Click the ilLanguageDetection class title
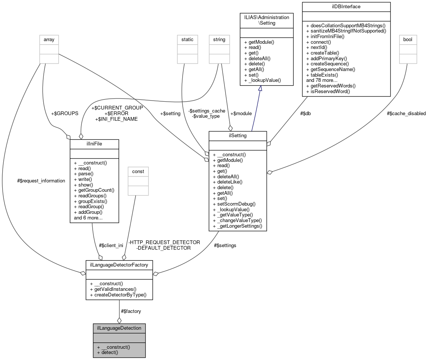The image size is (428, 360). pos(119,328)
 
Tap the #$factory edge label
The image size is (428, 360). pos(131,311)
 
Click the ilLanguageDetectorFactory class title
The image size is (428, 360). pos(119,265)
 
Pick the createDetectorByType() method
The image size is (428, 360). pos(118,295)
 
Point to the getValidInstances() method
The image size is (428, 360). pos(113,289)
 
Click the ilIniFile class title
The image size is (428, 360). pos(94,144)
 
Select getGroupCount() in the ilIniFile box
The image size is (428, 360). pos(94,190)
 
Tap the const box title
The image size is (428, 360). pos(138,172)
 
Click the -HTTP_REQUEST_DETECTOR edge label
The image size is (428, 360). pos(164,242)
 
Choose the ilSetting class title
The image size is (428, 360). pos(238,136)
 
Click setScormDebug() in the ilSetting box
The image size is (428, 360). pos(234,204)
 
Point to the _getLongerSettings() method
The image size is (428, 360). pos(237,226)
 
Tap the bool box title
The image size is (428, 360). pos(408,39)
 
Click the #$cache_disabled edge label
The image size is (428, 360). pos(406,114)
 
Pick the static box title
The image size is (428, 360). pos(187,39)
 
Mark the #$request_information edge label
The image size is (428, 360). pos(41,181)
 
